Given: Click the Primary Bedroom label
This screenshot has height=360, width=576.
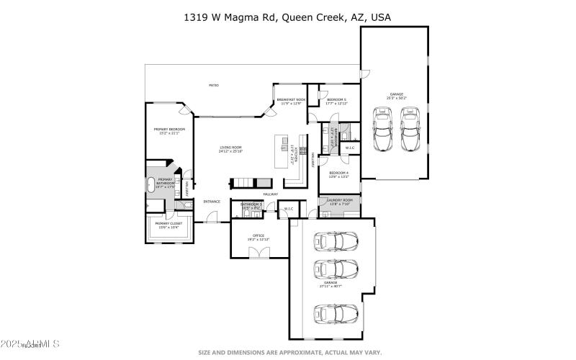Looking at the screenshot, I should point(167,131).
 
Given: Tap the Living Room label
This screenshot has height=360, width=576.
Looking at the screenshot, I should point(231,149).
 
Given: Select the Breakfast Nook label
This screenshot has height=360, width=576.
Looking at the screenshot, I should point(291,101).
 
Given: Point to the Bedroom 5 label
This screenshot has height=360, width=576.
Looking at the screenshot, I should point(336,101).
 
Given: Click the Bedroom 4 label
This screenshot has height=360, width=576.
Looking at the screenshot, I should point(339,174).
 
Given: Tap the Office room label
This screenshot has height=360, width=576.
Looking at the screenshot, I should point(258,237).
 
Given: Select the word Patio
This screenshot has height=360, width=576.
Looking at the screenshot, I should point(214,85).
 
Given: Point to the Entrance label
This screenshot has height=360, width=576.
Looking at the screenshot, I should point(212,202).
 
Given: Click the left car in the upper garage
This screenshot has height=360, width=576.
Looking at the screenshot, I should point(382,130).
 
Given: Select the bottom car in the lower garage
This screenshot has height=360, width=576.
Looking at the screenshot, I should point(336,315).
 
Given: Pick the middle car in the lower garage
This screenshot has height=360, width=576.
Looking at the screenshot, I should point(336,270).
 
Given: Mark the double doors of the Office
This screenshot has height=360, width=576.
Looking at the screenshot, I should point(258,253).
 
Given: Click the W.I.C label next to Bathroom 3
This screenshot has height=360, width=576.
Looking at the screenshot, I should point(288,210).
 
